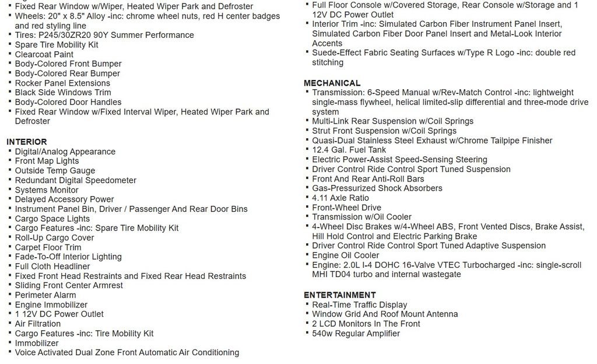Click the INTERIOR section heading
click(27, 142)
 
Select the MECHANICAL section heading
click(332, 83)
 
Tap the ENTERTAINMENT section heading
click(339, 295)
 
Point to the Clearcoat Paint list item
click(44, 54)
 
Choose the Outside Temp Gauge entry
click(55, 170)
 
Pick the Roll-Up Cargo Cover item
click(54, 237)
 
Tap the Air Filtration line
click(38, 323)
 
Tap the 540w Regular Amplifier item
click(356, 333)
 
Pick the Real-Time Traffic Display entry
click(359, 304)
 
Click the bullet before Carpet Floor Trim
click(10, 247)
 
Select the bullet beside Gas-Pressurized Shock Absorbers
click(307, 188)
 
